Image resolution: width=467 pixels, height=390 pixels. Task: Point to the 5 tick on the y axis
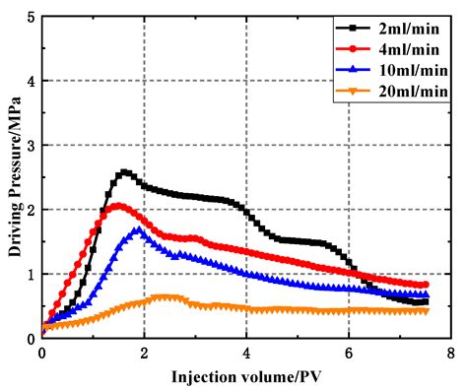(32, 18)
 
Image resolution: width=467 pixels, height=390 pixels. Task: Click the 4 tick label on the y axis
(32, 82)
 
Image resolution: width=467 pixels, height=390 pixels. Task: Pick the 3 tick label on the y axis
(32, 146)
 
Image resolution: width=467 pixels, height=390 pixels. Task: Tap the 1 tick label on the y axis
(32, 274)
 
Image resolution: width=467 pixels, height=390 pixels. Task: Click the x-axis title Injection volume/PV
(246, 376)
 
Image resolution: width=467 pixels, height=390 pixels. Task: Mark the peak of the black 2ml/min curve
(124, 172)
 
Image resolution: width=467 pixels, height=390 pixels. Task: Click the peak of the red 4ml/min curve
(118, 206)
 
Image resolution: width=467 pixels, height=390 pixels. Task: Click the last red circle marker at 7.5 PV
(426, 285)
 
